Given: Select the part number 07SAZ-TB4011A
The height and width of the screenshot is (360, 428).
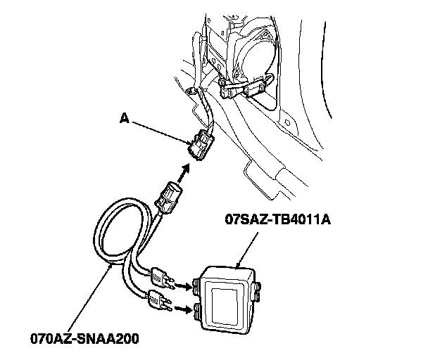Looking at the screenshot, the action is [x=277, y=220].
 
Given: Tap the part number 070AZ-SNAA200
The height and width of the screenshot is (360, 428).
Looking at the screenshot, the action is [x=84, y=338].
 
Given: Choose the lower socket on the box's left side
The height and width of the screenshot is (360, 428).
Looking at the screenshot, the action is [x=201, y=307].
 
